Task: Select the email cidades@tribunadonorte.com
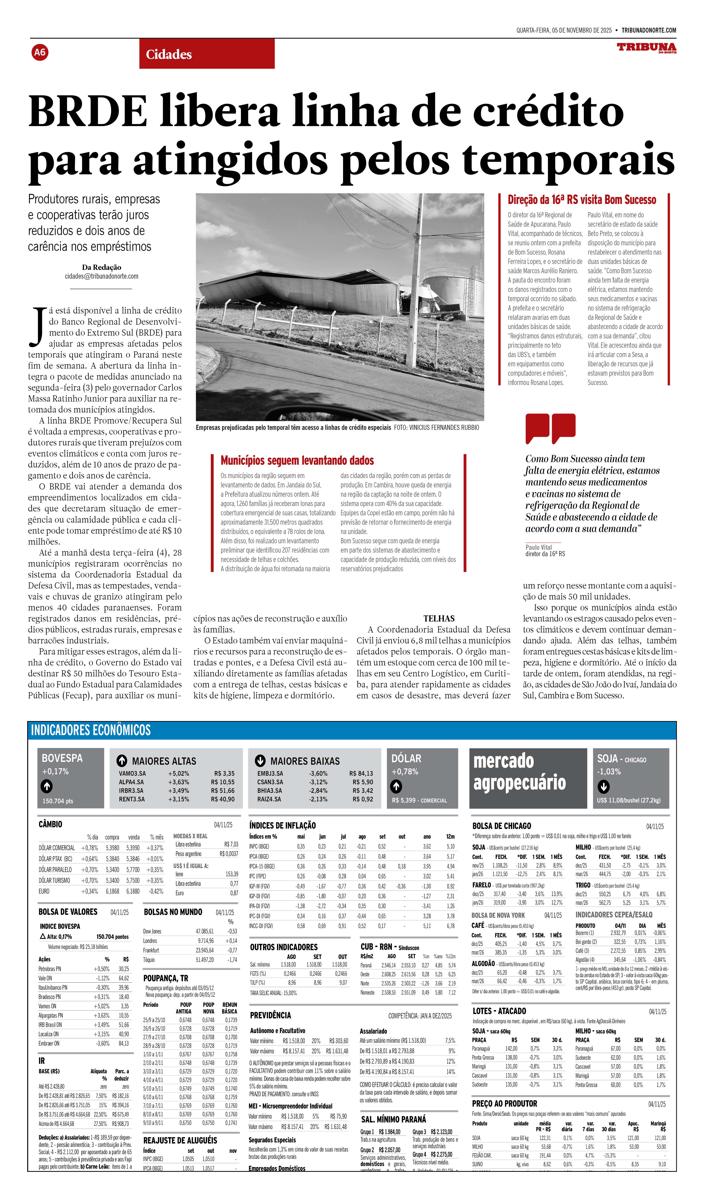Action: pos(101,276)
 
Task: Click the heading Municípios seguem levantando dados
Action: pos(297,461)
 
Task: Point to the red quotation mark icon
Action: pos(550,427)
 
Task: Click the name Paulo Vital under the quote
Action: pos(538,547)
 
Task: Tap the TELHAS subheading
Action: pos(439,618)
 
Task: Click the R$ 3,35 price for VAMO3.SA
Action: pos(224,774)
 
